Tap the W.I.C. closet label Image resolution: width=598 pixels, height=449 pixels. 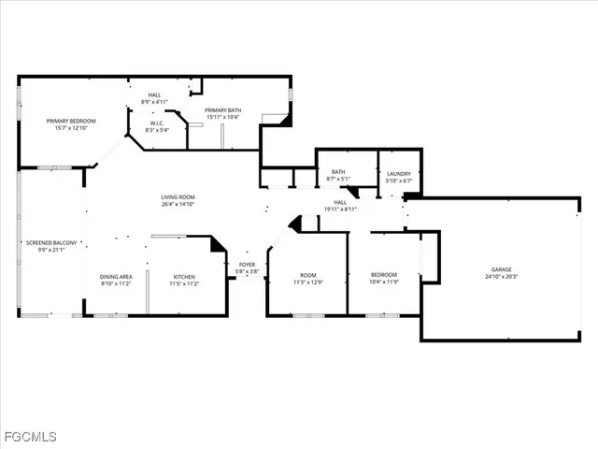[x=157, y=123]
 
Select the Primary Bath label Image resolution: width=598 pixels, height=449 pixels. [x=223, y=109]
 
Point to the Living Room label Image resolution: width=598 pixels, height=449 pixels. [x=178, y=196]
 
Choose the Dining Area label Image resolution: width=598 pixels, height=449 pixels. [x=116, y=277]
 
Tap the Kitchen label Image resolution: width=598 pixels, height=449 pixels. [x=184, y=277]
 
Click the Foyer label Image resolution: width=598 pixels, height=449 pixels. [x=247, y=265]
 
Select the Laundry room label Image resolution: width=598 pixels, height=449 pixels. [x=399, y=174]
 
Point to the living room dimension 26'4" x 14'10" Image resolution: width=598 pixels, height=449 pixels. [x=178, y=204]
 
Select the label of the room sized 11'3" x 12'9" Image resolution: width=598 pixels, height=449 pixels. [x=307, y=275]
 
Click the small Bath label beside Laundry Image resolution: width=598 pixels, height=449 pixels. [x=337, y=172]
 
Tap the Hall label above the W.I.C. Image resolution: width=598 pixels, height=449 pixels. [x=154, y=94]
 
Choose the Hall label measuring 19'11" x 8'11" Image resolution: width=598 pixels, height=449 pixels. [x=340, y=202]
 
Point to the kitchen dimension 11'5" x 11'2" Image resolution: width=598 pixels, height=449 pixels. [x=184, y=283]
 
